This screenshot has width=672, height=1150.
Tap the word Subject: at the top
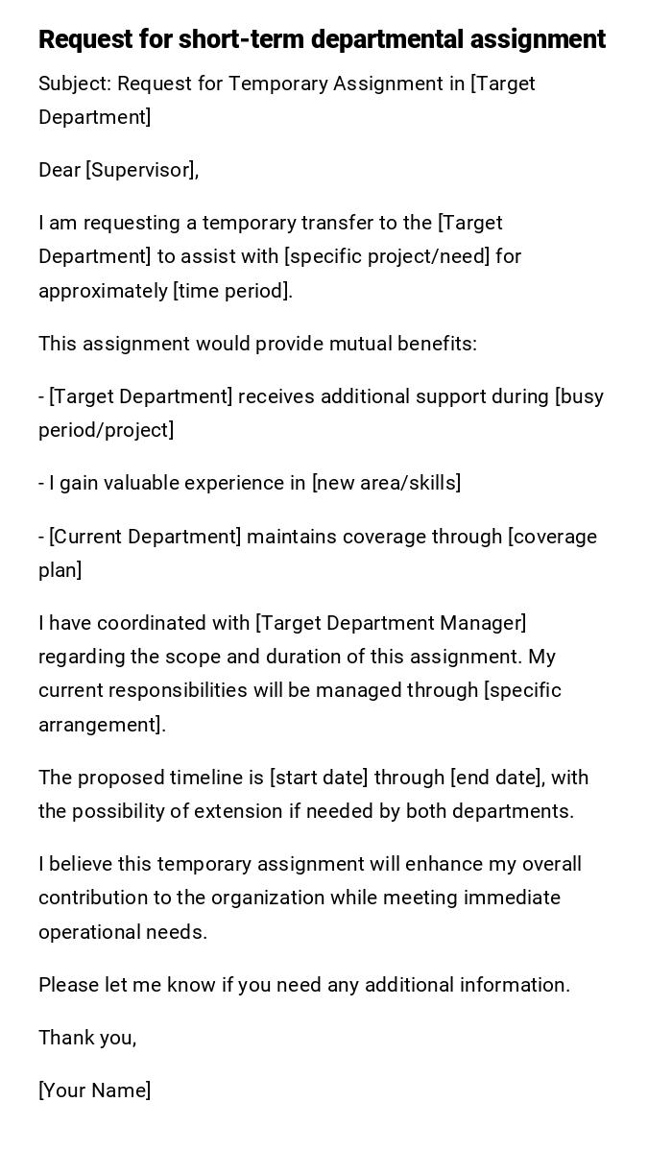(x=75, y=84)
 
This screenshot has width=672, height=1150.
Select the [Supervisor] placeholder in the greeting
(x=142, y=170)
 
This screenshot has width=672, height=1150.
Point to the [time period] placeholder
(x=232, y=291)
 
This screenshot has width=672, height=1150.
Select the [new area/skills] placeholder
(x=386, y=483)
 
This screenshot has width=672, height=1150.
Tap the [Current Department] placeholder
(x=145, y=537)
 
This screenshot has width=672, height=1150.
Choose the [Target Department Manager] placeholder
(x=391, y=623)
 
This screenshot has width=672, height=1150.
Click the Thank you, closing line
(x=87, y=1038)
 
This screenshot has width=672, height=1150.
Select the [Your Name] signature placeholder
(x=94, y=1090)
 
